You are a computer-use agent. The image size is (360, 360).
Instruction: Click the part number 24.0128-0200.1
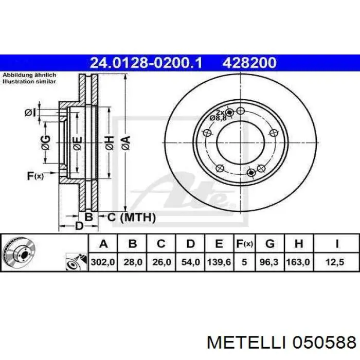[147, 63]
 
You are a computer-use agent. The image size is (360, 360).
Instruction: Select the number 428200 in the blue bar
[249, 63]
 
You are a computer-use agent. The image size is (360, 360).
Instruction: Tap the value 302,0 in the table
[103, 262]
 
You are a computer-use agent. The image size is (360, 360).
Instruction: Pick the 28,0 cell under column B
[132, 262]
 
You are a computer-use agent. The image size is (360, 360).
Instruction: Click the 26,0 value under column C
[161, 262]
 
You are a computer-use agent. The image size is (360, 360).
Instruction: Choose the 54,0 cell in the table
[190, 262]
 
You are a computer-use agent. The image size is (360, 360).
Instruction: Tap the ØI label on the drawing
[30, 113]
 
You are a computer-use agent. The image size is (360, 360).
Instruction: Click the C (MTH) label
[131, 218]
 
